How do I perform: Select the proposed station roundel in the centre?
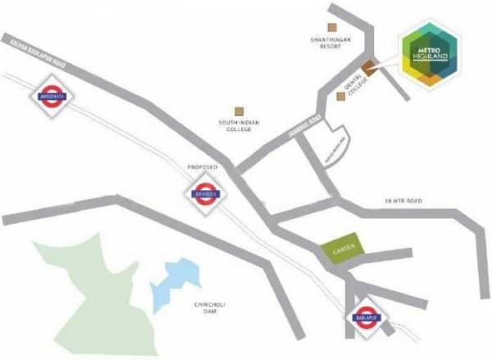point(202,194)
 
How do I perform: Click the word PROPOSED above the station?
point(202,166)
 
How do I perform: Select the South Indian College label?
point(239,126)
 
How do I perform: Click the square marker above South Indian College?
point(239,110)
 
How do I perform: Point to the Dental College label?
point(356,83)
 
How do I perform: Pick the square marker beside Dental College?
point(341,97)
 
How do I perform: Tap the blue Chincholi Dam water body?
point(175,279)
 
